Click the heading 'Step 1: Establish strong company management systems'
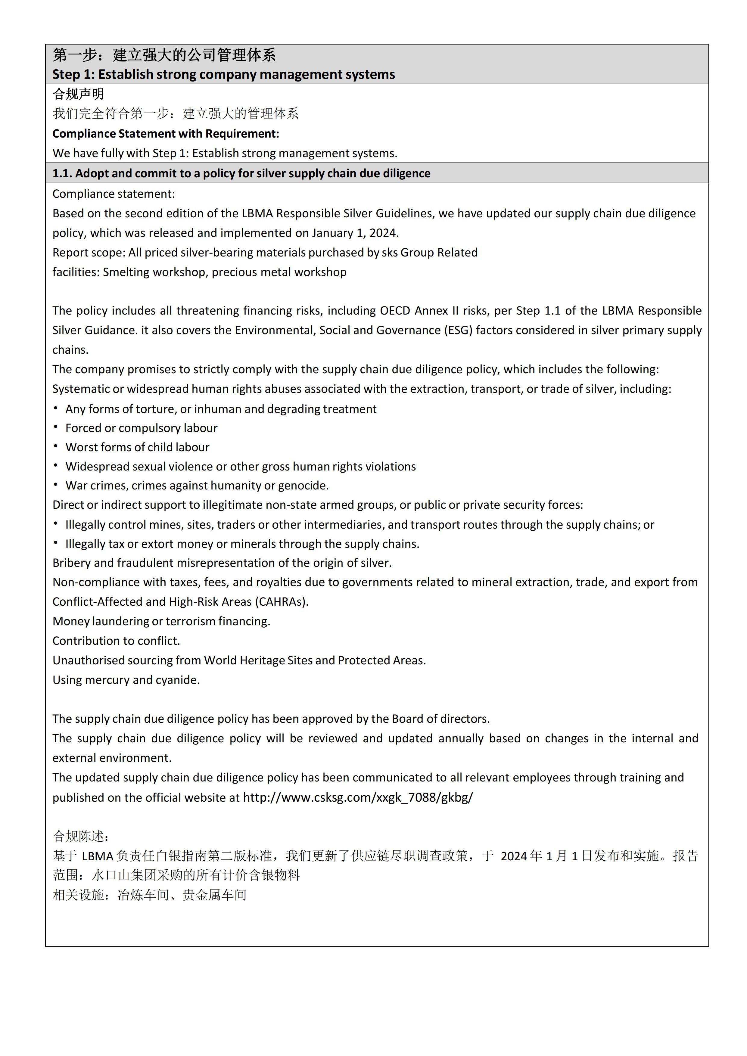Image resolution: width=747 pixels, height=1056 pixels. coord(223,75)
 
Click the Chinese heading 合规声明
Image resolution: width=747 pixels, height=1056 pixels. coord(78,94)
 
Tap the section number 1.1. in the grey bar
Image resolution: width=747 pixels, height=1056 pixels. coord(62,173)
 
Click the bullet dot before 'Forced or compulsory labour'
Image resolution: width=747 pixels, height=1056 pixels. coord(56,427)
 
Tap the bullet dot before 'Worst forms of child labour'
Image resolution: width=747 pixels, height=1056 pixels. coord(56,447)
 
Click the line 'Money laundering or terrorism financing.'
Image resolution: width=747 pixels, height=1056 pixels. coord(161,621)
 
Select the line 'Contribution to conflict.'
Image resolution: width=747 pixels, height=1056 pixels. coord(116,641)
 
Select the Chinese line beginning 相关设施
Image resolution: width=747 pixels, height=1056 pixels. coord(150,895)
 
